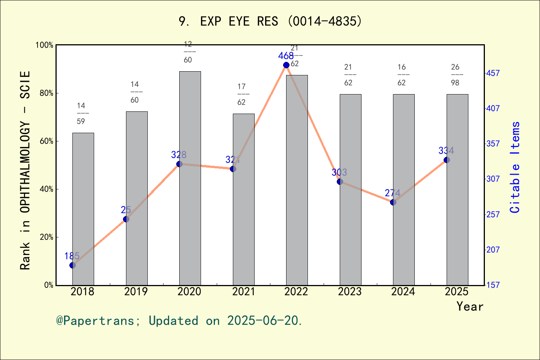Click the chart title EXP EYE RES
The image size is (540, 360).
point(270,21)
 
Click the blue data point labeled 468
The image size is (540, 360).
point(286,65)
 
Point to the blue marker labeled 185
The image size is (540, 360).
point(72,265)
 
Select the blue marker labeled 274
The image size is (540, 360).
point(393,202)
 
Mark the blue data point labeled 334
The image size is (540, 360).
point(447,160)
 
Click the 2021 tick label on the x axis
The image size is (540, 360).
point(243,291)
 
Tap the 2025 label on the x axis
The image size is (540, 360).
point(456,291)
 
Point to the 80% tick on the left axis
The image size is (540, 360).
point(46,93)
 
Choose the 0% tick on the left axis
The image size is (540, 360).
point(49,285)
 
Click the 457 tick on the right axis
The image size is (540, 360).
point(493,73)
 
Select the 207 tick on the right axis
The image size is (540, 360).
point(493,249)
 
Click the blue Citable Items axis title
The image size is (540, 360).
point(515,167)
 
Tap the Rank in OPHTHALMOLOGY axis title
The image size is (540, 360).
point(25,171)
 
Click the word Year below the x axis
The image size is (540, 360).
point(470,306)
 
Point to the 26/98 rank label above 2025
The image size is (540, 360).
point(455,75)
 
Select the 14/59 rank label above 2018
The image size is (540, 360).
point(81,114)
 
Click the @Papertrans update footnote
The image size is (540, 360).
point(179,321)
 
